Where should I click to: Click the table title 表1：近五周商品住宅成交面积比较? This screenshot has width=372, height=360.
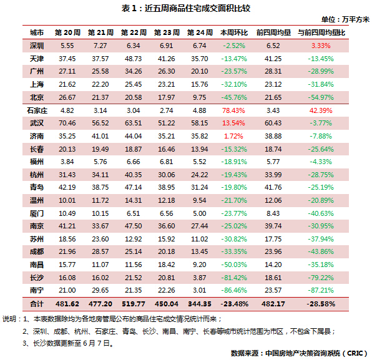(186, 9)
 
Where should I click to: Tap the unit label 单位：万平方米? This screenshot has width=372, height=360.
(345, 19)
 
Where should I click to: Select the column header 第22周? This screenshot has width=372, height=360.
(134, 32)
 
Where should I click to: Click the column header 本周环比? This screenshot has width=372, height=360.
(234, 32)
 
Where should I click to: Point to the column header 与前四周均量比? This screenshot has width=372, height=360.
(321, 32)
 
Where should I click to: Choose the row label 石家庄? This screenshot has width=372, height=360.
(37, 110)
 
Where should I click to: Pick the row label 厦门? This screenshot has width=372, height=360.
(37, 213)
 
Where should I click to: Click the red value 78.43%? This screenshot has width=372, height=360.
(233, 110)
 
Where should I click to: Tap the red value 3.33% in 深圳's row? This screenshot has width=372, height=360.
(321, 46)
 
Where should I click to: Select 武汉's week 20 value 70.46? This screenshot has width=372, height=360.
(67, 123)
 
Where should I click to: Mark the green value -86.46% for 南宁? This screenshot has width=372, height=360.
(234, 290)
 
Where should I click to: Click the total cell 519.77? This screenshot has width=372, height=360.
(134, 304)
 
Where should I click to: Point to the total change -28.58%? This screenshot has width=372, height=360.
(321, 304)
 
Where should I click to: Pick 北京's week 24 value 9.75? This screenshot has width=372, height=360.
(199, 97)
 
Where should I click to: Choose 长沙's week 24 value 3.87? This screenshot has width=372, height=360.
(199, 278)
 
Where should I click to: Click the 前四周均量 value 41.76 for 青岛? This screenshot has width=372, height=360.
(273, 187)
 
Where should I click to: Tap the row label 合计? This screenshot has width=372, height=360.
(37, 304)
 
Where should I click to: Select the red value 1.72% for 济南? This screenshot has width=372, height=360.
(233, 136)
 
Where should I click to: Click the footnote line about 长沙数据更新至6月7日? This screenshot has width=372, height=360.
(69, 343)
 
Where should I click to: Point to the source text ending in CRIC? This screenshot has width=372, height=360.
(299, 353)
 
